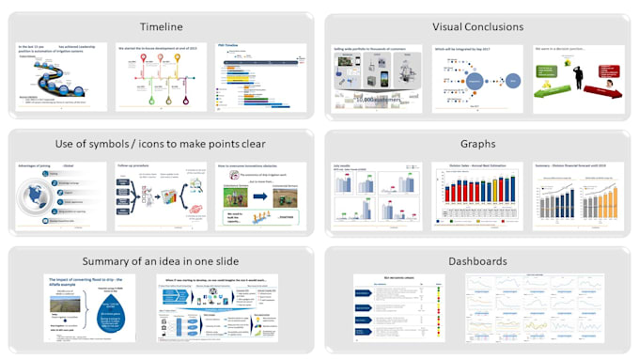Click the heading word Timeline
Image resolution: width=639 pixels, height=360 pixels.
click(161, 27)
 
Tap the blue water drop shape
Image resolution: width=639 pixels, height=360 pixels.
click(100, 310)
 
